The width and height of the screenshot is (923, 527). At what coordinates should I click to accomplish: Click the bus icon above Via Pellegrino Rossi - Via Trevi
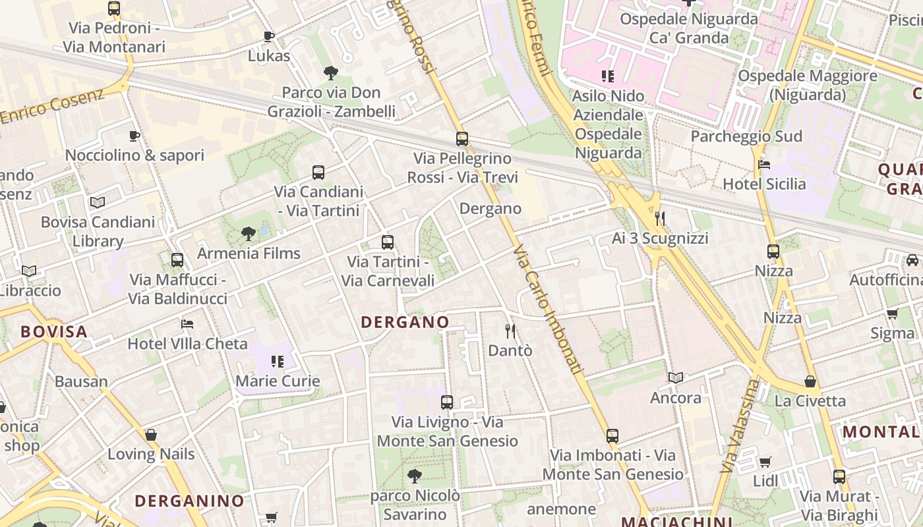pos(462,139)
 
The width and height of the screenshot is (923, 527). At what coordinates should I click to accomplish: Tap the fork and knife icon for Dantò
pos(510,331)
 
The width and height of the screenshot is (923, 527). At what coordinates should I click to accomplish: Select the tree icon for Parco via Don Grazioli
pos(331,73)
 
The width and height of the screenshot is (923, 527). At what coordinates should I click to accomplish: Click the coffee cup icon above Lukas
pos(268,36)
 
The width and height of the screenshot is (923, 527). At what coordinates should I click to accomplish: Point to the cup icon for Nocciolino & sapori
pos(134,136)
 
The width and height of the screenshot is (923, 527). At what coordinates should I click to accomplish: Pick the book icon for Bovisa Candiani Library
pos(98,202)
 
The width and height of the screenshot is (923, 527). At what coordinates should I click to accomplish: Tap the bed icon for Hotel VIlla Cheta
pos(187,324)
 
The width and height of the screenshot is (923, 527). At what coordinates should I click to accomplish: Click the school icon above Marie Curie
pos(278,362)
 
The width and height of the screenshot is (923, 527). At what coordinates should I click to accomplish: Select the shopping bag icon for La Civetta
pos(810,381)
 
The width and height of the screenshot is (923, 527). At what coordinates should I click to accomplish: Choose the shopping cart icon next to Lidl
pos(765,462)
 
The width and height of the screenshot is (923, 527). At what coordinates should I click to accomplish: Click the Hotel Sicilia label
pos(764,184)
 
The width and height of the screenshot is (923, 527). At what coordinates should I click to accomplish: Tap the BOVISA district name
pos(54,331)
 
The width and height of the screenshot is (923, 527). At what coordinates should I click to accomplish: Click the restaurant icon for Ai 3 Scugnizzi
pos(659,219)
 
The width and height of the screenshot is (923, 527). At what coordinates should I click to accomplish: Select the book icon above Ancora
pos(676,378)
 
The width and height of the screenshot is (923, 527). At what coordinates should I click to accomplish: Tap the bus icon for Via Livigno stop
pos(447,402)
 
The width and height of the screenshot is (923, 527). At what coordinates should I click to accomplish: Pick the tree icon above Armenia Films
pos(249,233)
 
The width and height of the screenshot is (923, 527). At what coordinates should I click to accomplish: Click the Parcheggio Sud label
pos(746,136)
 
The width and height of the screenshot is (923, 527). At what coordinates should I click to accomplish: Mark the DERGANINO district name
pos(190,501)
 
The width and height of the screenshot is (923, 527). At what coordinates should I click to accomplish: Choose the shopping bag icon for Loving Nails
pos(151,435)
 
